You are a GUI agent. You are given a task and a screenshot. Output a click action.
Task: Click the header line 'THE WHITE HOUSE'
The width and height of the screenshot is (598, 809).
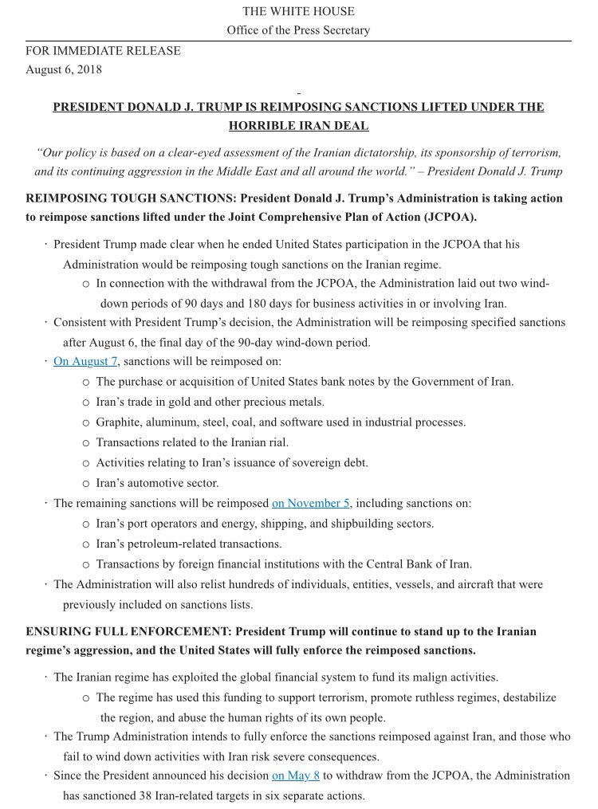click(298, 12)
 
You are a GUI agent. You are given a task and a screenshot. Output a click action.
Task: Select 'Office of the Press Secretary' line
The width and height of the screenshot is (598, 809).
click(298, 31)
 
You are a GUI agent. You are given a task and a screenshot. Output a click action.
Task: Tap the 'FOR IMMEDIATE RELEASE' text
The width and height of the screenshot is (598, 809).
click(103, 51)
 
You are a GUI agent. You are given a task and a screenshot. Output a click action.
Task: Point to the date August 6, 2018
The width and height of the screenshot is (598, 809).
click(64, 69)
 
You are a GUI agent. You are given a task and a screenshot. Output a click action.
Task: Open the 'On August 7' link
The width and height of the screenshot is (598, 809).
click(85, 361)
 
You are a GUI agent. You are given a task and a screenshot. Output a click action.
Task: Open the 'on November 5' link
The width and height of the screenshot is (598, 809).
click(312, 503)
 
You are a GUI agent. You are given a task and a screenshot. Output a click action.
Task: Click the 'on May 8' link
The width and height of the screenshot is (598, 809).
click(296, 775)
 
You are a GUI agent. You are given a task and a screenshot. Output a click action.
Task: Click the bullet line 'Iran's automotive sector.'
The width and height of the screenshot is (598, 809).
click(157, 482)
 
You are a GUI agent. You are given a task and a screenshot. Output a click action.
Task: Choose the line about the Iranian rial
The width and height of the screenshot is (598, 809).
click(192, 442)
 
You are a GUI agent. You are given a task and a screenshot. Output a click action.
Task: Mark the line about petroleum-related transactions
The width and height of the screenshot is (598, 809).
click(189, 544)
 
